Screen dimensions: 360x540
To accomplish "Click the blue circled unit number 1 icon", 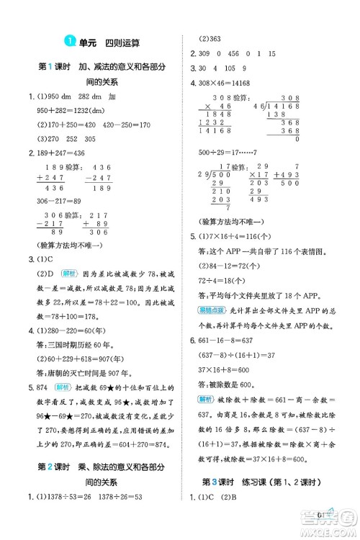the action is point(69,42).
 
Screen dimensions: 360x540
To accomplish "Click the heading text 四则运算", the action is point(125,42).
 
